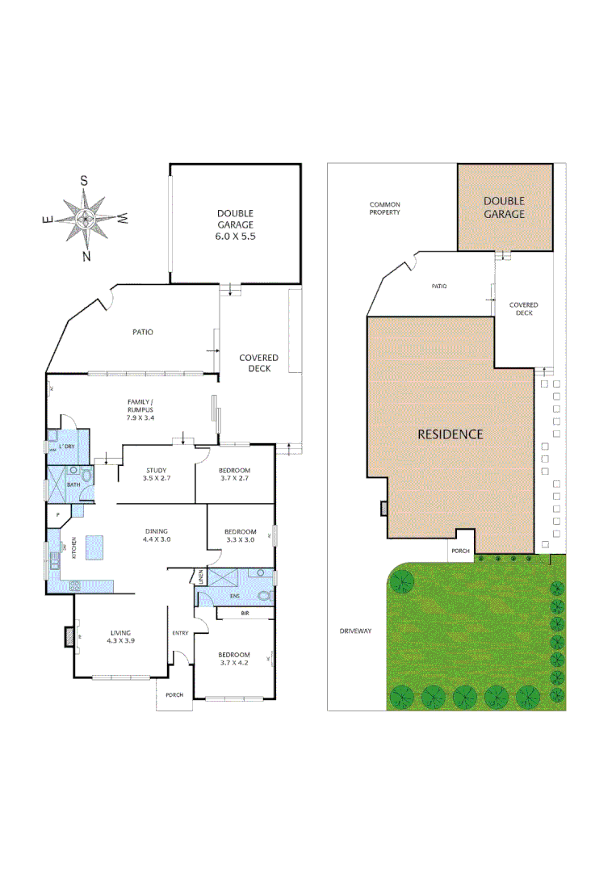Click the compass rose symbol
pyautogui.click(x=85, y=218)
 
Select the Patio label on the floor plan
pyautogui.click(x=143, y=332)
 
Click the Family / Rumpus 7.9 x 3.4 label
pyautogui.click(x=140, y=409)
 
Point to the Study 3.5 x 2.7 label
pyautogui.click(x=156, y=475)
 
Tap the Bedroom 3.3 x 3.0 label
pyautogui.click(x=240, y=535)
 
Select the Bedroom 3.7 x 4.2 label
pyautogui.click(x=234, y=659)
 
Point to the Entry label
pyautogui.click(x=180, y=633)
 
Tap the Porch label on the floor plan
pyautogui.click(x=174, y=695)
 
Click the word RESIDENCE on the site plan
pyautogui.click(x=450, y=434)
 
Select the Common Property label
pyautogui.click(x=385, y=208)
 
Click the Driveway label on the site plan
pyautogui.click(x=355, y=631)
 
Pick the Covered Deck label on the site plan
pyautogui.click(x=523, y=309)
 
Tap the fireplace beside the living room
pyautogui.click(x=69, y=637)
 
